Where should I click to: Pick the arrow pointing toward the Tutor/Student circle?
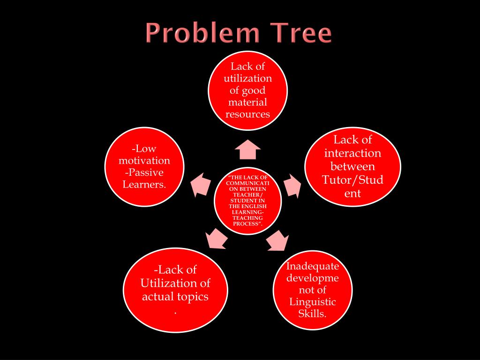pos(293,185)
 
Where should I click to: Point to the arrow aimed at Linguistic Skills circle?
pos(277,240)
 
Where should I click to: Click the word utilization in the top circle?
pos(247,78)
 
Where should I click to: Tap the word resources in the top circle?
pos(247,114)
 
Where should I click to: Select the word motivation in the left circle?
pos(144,161)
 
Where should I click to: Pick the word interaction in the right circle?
pos(352,153)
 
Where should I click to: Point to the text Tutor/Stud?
pos(352,180)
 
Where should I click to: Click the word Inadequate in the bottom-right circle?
pos(313,266)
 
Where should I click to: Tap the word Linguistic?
pos(313,301)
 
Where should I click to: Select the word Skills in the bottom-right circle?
pos(312,313)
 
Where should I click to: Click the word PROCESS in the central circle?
pos(247,224)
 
